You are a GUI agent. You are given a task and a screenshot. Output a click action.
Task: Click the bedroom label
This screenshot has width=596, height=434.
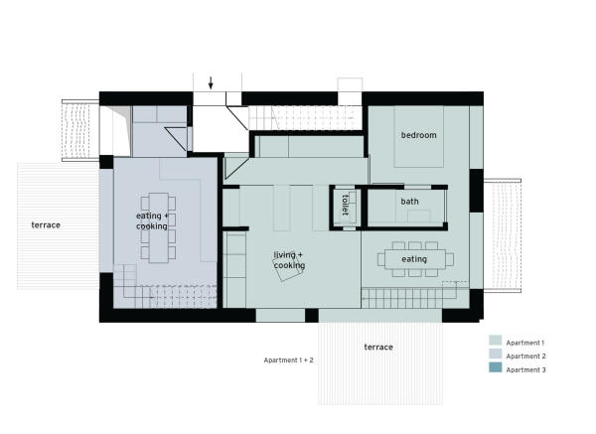418,135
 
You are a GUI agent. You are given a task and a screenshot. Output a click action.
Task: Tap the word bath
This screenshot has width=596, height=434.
409,202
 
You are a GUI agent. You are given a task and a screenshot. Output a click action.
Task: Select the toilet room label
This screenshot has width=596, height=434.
345,205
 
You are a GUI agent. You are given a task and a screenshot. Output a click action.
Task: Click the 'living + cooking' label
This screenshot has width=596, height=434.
289,260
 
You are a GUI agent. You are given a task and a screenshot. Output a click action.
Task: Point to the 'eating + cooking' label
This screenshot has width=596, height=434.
152,220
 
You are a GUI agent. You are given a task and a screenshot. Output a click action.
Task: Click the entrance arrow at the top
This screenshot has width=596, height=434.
211,82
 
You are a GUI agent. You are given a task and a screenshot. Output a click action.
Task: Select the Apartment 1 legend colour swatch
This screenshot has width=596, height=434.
496,340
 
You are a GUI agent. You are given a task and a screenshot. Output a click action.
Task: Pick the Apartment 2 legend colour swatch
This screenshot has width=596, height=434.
496,354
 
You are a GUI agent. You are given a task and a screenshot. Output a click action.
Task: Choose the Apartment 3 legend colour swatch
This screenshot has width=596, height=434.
496,367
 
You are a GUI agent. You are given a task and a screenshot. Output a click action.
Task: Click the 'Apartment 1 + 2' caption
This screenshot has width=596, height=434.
288,360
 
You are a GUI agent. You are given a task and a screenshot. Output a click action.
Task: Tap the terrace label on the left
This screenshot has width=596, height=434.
46,225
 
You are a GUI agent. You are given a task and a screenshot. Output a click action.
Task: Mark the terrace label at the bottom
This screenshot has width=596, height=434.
378,347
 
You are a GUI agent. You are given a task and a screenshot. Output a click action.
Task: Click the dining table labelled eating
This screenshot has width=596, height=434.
415,259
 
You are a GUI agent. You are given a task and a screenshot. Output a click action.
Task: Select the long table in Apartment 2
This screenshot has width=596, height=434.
159,228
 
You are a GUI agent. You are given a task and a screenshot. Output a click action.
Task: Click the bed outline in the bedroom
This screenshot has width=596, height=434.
418,136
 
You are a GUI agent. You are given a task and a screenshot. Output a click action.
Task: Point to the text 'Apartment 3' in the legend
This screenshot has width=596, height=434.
525,369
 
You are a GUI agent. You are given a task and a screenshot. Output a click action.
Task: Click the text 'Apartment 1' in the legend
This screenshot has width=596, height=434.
524,343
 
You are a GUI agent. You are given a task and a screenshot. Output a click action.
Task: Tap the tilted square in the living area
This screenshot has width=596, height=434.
288,267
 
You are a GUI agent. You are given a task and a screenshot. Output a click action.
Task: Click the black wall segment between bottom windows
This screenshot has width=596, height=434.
312,316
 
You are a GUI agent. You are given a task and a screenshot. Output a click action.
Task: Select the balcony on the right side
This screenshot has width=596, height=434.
502,235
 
